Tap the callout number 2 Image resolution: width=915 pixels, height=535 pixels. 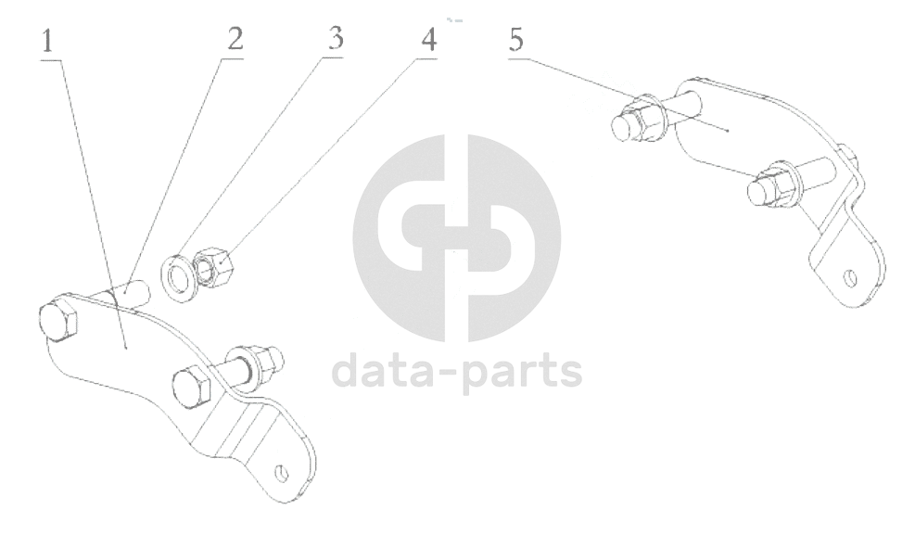click(235, 39)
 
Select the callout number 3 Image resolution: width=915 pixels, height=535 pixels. click(335, 39)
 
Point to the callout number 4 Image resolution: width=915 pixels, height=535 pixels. click(427, 39)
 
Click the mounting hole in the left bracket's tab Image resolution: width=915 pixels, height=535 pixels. click(281, 474)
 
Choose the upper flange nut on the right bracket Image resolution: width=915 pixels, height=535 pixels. click(637, 121)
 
